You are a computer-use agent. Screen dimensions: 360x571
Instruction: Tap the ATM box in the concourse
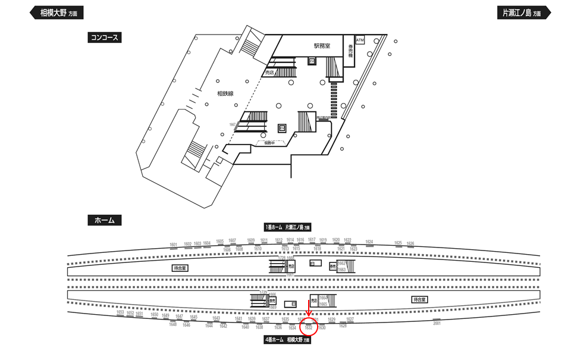(x=360, y=40)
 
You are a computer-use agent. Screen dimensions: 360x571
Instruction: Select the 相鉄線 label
(x=225, y=93)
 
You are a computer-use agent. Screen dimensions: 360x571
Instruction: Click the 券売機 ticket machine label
(x=351, y=50)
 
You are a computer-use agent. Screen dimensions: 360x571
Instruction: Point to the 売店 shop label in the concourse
(x=269, y=73)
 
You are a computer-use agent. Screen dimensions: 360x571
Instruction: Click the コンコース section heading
(x=105, y=37)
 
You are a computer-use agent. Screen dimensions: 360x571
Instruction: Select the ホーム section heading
(x=105, y=220)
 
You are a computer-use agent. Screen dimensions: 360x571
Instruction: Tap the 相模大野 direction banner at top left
(x=57, y=12)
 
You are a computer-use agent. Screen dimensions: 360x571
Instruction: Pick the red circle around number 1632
(x=308, y=328)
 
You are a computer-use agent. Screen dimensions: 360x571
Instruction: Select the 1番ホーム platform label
(x=288, y=227)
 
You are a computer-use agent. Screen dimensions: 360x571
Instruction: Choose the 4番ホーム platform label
(x=288, y=340)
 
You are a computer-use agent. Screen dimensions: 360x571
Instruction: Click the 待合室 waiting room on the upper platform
(x=180, y=268)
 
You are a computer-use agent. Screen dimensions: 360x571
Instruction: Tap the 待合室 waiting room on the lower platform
(x=419, y=299)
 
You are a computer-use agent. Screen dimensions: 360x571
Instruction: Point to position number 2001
(x=437, y=323)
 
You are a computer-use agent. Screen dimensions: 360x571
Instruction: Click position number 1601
(x=174, y=245)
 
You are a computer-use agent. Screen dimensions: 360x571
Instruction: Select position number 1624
(x=369, y=242)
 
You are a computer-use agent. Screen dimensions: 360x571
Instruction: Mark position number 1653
(x=120, y=312)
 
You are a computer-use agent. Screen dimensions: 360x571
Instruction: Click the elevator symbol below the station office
(x=311, y=61)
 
